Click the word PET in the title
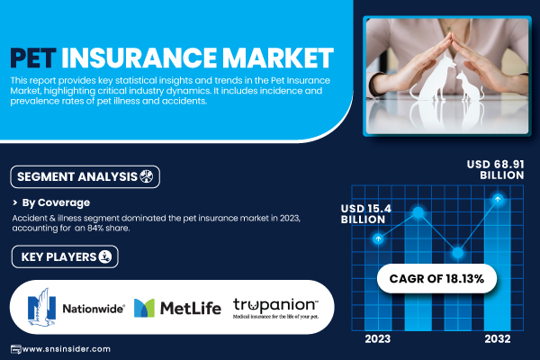click(x=33, y=58)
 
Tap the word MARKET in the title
click(x=277, y=58)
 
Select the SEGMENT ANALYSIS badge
click(x=85, y=176)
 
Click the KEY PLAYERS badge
click(x=65, y=256)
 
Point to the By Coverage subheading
click(x=56, y=202)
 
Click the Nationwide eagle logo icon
click(x=41, y=307)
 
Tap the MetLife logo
click(x=177, y=308)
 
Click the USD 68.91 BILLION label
click(x=496, y=169)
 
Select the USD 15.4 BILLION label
click(x=366, y=213)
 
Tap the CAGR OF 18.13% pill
click(x=436, y=278)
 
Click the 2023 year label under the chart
click(x=378, y=338)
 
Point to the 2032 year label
click(x=498, y=338)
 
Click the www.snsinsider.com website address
click(x=67, y=349)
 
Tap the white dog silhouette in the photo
click(x=433, y=78)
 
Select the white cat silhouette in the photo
click(x=470, y=86)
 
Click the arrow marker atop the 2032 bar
click(x=498, y=199)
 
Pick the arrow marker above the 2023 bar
click(x=378, y=238)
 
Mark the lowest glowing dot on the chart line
click(x=458, y=253)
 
